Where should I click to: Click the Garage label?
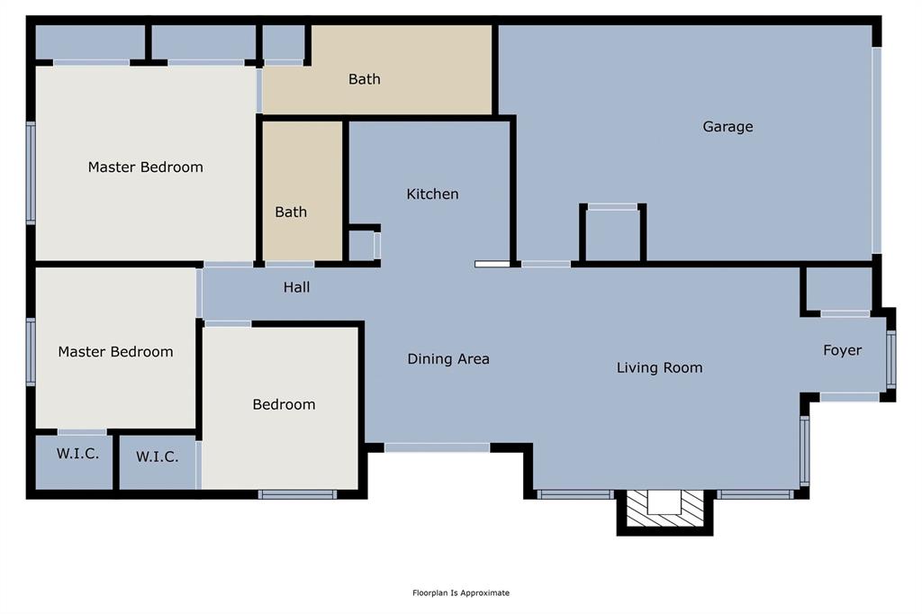(x=728, y=127)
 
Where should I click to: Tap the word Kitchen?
(x=432, y=194)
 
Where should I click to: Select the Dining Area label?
(x=448, y=359)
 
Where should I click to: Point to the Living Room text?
(x=659, y=367)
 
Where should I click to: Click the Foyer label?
(x=842, y=350)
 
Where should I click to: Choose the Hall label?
(x=296, y=287)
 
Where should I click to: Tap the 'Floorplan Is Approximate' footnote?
(x=461, y=592)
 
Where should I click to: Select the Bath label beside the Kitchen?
(x=291, y=212)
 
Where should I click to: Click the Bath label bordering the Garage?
(x=364, y=79)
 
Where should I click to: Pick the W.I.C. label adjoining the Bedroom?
(x=157, y=457)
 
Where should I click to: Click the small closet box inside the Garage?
(x=613, y=234)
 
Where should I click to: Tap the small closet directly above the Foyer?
(x=838, y=288)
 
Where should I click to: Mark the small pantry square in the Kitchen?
(x=361, y=245)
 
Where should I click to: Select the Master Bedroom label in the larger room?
(x=145, y=167)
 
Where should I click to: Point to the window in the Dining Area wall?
(x=437, y=447)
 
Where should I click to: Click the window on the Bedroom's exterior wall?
(x=297, y=493)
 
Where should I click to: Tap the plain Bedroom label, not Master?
(x=284, y=405)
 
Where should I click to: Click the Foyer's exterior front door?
(x=891, y=358)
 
